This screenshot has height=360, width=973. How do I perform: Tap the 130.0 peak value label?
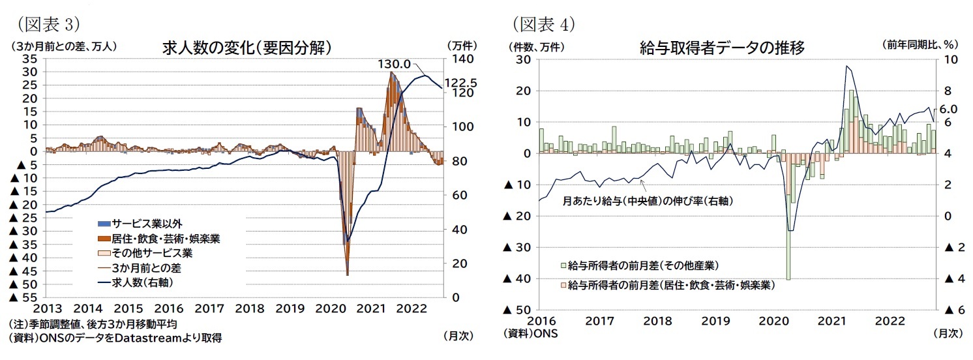tap(394, 64)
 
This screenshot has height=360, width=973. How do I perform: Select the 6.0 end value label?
tap(948, 109)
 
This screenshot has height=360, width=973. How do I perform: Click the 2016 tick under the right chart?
tap(540, 320)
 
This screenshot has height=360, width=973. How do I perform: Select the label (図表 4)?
tap(544, 24)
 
